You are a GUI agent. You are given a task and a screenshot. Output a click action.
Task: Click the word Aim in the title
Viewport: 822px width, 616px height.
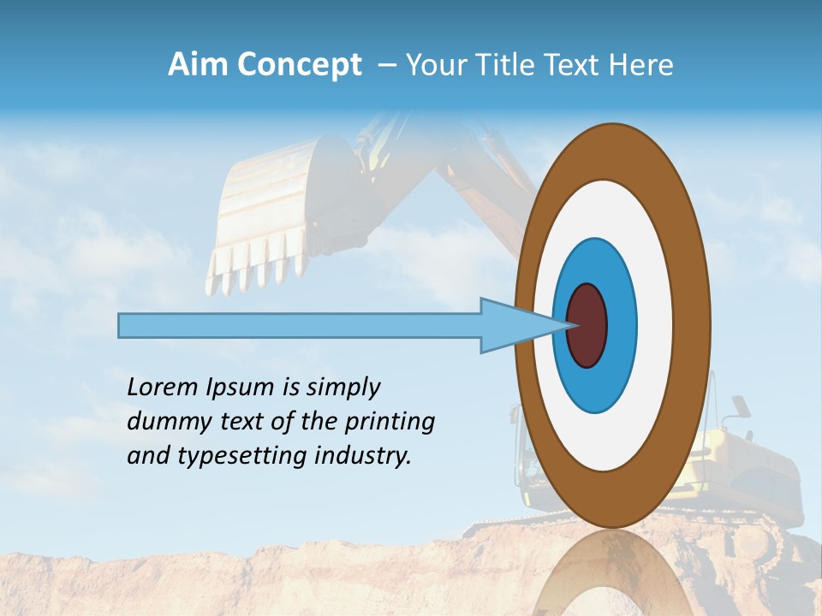point(199,65)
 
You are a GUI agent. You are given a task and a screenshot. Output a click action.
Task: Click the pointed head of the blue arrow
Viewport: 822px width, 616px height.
point(514,325)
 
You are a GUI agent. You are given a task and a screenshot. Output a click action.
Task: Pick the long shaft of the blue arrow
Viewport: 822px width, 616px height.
point(300,325)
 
